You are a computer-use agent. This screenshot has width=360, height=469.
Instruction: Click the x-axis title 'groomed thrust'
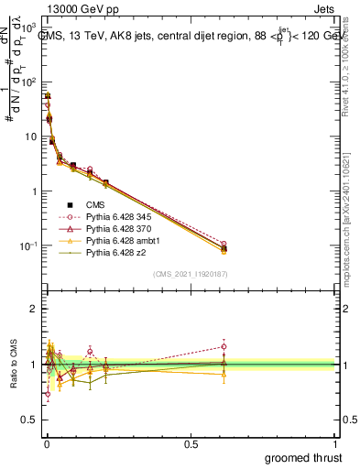303,456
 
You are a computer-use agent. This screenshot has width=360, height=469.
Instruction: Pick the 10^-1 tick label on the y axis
27,246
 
